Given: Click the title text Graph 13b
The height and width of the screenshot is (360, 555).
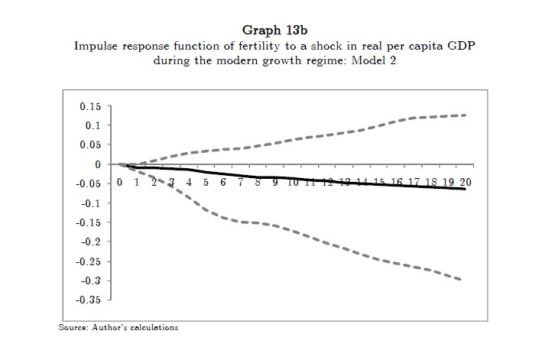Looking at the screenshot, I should tap(277, 31).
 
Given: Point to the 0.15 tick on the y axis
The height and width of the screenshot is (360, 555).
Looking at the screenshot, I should tap(89, 106).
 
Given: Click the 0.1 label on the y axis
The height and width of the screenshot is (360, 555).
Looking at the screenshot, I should tap(92, 125).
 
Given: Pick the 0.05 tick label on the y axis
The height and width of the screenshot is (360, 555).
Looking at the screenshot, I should tap(89, 145).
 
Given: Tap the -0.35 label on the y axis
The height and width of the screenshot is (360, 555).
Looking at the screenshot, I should tap(87, 300).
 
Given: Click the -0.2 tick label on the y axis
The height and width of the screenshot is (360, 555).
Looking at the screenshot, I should tap(90, 242).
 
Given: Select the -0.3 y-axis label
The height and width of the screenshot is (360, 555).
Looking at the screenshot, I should tap(90, 281).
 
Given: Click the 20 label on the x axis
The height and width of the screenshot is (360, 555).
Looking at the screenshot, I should tap(466, 183).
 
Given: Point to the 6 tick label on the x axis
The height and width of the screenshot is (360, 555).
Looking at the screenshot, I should tap(223, 183).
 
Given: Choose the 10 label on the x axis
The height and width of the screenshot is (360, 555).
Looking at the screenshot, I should tap(292, 183).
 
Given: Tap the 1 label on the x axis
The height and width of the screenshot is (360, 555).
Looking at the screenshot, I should tap(137, 183).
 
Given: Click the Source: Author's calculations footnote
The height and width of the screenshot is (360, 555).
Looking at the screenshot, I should tap(118, 328).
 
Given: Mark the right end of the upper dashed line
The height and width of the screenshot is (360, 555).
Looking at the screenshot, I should tap(466, 115).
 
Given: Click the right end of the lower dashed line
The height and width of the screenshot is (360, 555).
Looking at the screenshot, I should tap(461, 280).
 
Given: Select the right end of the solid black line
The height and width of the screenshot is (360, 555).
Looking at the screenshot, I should tap(465, 189).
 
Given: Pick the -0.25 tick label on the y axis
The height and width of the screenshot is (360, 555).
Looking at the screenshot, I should tap(87, 261).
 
